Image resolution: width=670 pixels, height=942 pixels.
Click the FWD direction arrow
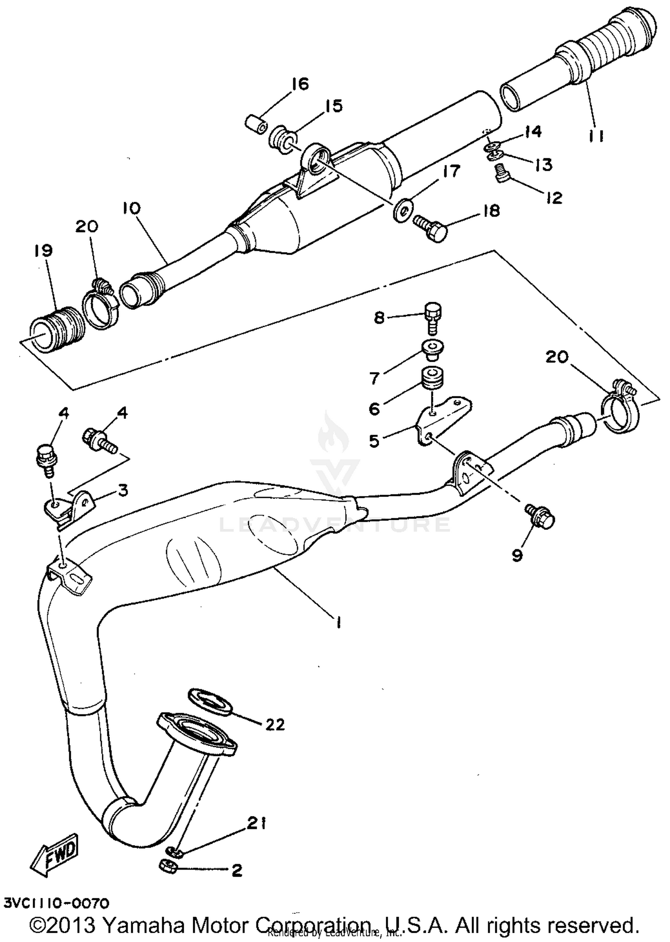pyautogui.click(x=54, y=854)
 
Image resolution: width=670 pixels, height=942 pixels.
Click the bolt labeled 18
pyautogui.click(x=431, y=228)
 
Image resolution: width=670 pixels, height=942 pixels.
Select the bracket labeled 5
pyautogui.click(x=442, y=417)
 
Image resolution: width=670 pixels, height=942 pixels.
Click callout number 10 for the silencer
pyautogui.click(x=131, y=208)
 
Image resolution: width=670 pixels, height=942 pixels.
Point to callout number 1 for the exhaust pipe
pyautogui.click(x=338, y=623)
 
